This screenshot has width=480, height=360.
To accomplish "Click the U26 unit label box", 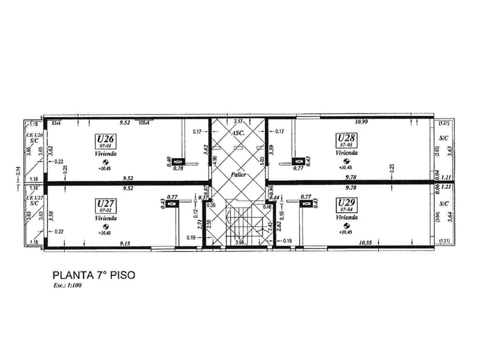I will pos(106,140).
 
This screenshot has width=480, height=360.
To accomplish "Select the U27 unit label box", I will pos(106,205).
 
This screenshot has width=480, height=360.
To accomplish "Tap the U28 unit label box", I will pos(347,140).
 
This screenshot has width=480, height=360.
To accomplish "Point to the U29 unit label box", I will pos(347,204).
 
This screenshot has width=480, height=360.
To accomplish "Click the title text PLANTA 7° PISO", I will pos(93,275).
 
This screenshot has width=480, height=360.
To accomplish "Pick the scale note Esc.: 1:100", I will pos(67,286).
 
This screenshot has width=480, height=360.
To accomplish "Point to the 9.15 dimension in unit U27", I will pos(125,244).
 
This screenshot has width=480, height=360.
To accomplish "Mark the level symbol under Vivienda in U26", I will pos(106,162).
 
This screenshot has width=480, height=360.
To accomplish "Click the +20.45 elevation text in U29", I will pos(347,232).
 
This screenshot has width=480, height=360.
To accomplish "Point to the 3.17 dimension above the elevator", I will pos(238,122).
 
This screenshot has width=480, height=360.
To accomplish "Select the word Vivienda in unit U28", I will pos(347,153).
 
